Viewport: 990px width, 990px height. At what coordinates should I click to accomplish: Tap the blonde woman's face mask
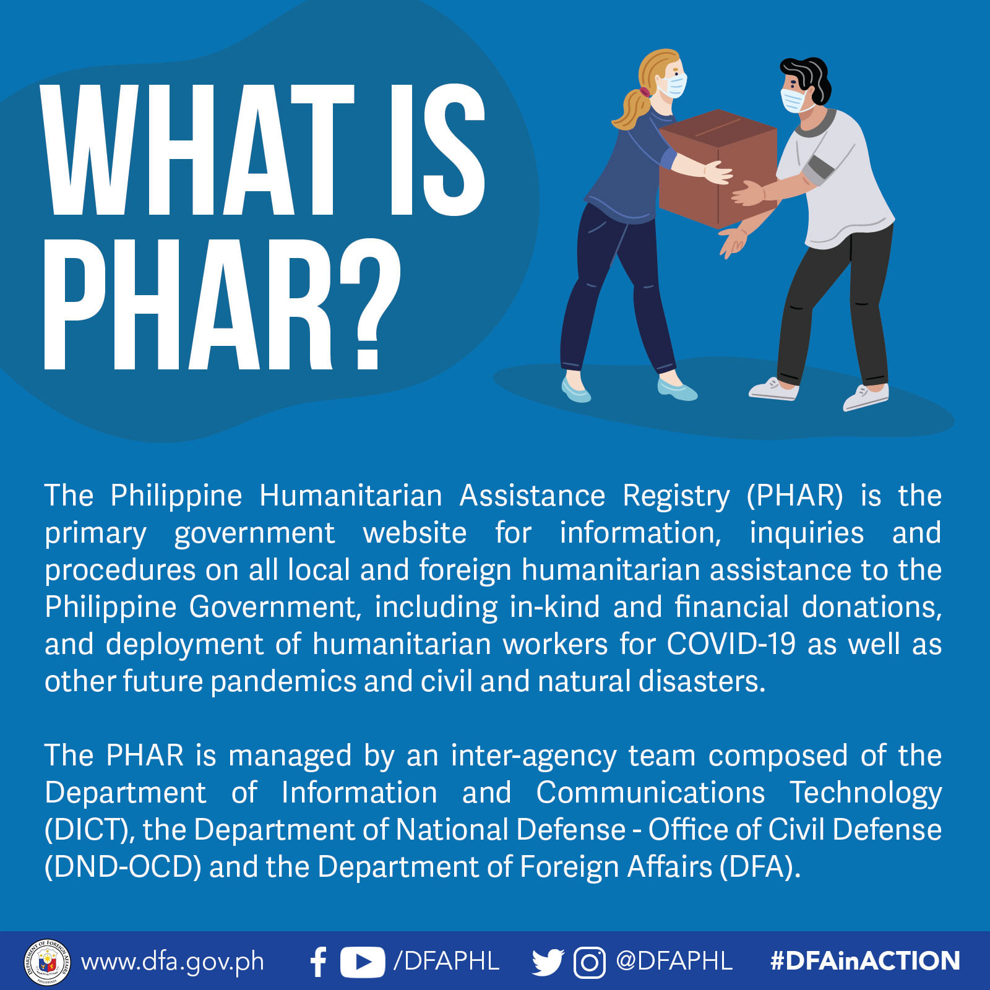pyautogui.click(x=674, y=85)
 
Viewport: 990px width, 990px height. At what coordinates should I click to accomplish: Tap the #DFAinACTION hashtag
pyautogui.click(x=865, y=961)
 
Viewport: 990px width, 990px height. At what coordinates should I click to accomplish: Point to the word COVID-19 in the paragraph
pyautogui.click(x=731, y=644)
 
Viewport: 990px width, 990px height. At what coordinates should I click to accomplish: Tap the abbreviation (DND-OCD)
pyautogui.click(x=123, y=867)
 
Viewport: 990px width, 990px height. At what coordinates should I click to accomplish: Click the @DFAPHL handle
pyautogui.click(x=674, y=962)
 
